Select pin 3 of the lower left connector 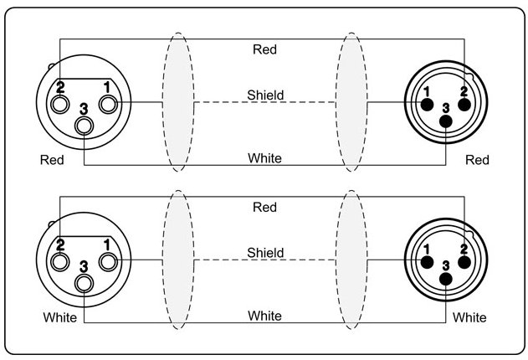coord(85,282)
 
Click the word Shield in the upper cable coord(264,95)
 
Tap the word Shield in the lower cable coord(264,253)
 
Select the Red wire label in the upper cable coord(264,49)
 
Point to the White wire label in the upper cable coord(264,158)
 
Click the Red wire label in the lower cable coord(264,207)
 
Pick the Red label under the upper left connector coord(52,160)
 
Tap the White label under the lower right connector coord(469,318)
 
